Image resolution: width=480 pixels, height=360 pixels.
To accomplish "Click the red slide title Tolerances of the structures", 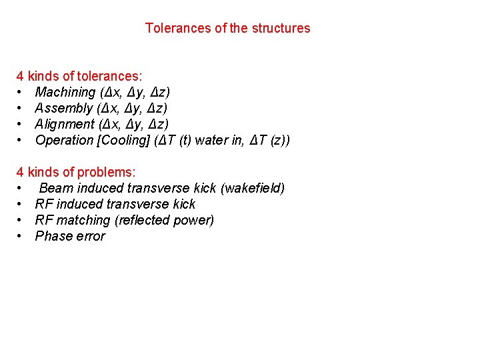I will click(227, 28).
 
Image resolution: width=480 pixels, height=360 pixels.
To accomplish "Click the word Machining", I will click(65, 92).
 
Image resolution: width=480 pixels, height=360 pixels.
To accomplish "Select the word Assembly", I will click(64, 108).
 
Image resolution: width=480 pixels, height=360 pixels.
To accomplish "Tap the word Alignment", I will click(65, 124).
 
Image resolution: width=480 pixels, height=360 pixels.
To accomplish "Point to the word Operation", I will click(64, 140).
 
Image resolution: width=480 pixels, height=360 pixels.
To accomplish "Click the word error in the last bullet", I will click(89, 236).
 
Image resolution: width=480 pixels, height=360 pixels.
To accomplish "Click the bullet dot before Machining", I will click(21, 93).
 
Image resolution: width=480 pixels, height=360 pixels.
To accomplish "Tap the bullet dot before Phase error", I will click(21, 237).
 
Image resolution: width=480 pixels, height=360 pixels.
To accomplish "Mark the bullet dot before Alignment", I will click(21, 125).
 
